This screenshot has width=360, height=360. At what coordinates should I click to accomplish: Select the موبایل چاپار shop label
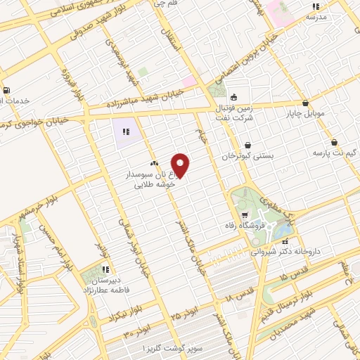tap(304, 112)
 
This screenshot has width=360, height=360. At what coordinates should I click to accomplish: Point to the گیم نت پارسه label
tap(335, 152)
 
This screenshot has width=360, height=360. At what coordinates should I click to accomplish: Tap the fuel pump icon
tap(6, 90)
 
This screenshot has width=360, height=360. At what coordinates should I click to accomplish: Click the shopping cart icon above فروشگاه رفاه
tap(244, 215)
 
